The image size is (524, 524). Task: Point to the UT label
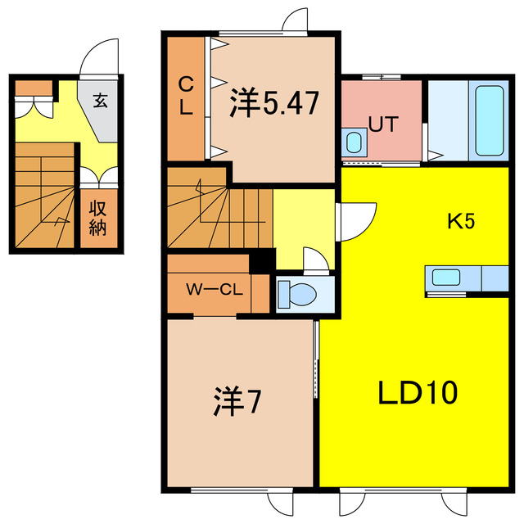pos(382,125)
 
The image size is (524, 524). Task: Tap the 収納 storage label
pos(98,218)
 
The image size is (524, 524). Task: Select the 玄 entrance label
pos(100,102)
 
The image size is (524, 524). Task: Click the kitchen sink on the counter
pos(447,277)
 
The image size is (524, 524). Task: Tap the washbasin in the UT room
pos(354,142)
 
